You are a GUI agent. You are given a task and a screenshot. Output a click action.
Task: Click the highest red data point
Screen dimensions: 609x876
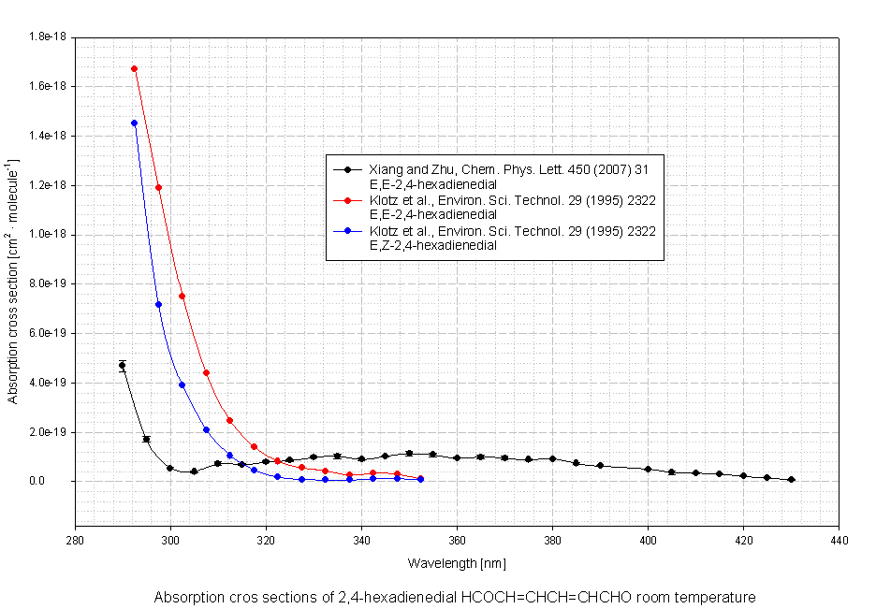(x=134, y=68)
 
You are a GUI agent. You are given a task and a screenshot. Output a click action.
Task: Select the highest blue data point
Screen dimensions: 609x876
(x=134, y=123)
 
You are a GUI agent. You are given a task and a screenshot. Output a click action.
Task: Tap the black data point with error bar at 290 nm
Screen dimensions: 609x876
(x=123, y=365)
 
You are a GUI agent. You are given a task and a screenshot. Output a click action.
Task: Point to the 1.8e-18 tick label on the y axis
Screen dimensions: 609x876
(x=49, y=37)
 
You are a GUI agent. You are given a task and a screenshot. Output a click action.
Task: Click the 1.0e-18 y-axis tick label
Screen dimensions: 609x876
(x=49, y=235)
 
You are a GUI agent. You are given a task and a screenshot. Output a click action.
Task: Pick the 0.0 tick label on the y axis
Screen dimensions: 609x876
(x=57, y=482)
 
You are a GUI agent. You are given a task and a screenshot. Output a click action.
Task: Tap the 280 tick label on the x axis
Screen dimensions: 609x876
(x=75, y=540)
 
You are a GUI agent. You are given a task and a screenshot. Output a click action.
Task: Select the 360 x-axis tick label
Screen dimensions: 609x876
(x=457, y=540)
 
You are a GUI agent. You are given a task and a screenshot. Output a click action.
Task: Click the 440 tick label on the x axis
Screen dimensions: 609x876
(x=839, y=540)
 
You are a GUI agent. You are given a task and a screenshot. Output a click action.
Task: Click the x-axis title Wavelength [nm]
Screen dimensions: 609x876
(x=457, y=564)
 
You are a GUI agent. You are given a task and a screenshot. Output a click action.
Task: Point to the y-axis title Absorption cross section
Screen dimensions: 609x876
(x=13, y=281)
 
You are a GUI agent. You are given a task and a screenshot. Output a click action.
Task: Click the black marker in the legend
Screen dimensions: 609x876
(x=347, y=169)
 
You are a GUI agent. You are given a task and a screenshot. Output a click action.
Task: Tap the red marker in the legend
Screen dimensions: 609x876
(x=347, y=200)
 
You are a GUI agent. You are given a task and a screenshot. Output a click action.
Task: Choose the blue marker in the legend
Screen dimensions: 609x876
(x=347, y=230)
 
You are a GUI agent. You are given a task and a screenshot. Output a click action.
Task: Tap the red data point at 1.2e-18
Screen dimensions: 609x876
(x=158, y=187)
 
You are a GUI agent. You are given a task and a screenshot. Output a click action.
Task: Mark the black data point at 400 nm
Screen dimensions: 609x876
(x=648, y=469)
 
